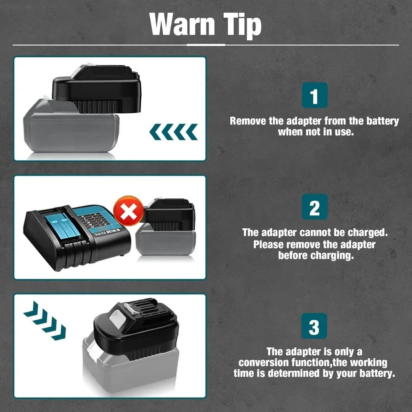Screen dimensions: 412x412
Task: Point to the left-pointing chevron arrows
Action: (x=173, y=132)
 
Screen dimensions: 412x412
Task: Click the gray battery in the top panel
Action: (x=70, y=132)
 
